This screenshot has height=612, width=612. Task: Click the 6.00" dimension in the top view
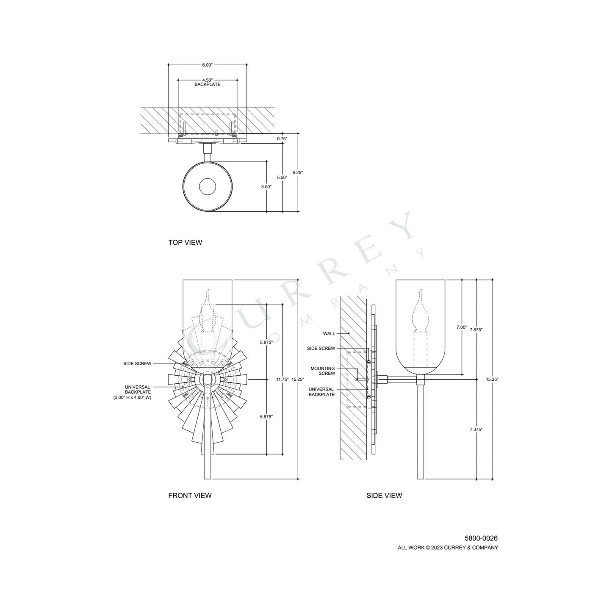207,65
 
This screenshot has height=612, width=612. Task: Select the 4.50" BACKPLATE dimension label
207,82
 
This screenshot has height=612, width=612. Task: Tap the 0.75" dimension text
282,138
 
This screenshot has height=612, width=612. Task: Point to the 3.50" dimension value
266,186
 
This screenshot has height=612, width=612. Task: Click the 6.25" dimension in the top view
298,172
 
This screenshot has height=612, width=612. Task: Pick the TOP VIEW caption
185,243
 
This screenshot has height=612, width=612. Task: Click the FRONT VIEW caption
190,495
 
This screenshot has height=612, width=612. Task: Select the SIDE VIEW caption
384,495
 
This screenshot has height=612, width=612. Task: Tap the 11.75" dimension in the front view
282,379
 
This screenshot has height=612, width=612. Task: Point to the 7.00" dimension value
461,327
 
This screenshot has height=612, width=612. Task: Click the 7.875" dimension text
476,329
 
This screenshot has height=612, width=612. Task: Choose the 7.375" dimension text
476,429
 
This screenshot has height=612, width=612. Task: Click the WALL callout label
329,333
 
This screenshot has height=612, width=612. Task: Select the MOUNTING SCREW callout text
322,371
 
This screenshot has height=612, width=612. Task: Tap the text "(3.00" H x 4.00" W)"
132,398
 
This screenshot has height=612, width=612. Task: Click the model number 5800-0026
481,538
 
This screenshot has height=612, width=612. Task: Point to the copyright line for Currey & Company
448,548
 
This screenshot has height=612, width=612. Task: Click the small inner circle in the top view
208,186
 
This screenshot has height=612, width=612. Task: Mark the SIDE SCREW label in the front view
137,363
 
